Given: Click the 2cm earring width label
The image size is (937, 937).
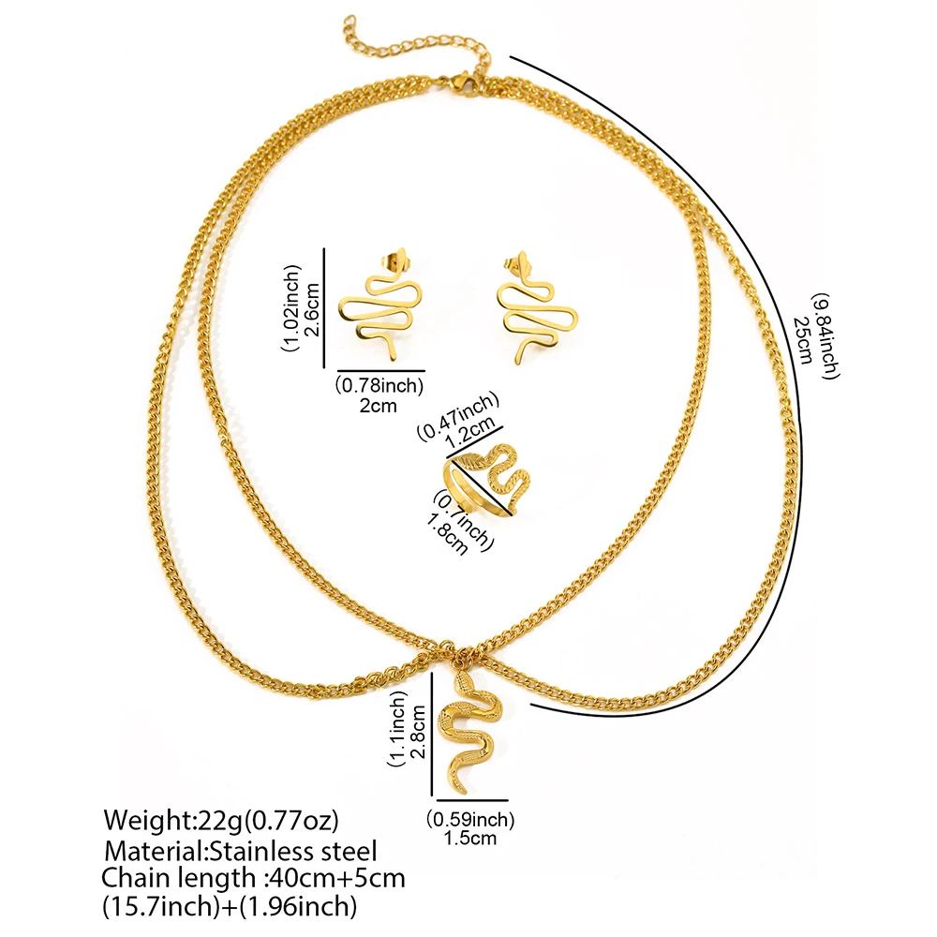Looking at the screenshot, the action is (379, 407).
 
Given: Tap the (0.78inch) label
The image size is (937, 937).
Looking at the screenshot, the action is (379, 385).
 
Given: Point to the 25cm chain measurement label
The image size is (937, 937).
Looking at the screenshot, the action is (803, 339).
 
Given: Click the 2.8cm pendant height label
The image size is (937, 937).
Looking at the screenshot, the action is (418, 732).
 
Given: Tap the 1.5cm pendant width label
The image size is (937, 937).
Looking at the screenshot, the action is (470, 838).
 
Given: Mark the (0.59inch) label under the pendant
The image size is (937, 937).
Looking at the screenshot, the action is (470, 819).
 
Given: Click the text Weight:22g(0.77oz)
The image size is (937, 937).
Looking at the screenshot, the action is (221, 820).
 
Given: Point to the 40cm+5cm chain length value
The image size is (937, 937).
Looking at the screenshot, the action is (337, 879).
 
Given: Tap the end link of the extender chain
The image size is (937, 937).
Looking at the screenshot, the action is (350, 24).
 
